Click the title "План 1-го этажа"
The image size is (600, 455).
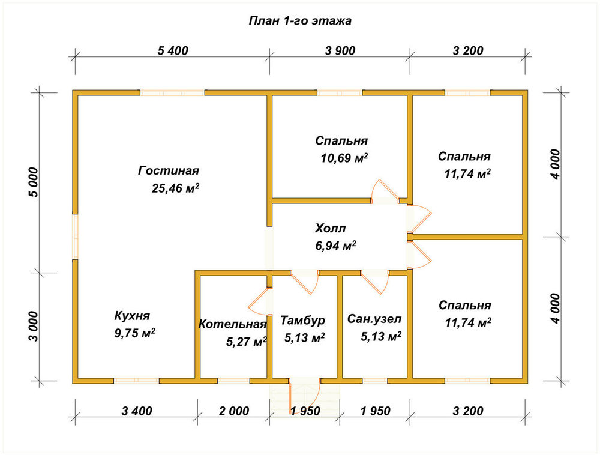pos(300,20)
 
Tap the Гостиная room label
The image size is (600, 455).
pos(169,170)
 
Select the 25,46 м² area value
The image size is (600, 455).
pos(176,188)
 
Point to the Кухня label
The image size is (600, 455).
pos(132,316)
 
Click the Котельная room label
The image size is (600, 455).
pos(232,324)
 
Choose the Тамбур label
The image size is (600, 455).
pos(302,320)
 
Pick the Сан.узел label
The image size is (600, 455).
pos(374,319)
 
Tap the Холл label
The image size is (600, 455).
pos(330,229)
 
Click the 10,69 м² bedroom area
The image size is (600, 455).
pos(344,158)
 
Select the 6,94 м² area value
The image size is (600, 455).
pos(335,246)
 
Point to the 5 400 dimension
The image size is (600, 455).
pos(173,50)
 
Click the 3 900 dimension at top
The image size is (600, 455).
pos(340,50)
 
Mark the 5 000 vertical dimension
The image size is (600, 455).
pos(34,182)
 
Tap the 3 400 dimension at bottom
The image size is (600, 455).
pos(137,411)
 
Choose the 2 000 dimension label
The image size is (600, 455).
pos(234,411)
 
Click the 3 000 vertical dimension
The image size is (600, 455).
pos(34,327)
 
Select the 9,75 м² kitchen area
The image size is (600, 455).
pos(134,333)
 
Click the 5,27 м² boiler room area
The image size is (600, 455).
pos(247,342)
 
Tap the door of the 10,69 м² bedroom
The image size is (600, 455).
pos(385,190)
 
